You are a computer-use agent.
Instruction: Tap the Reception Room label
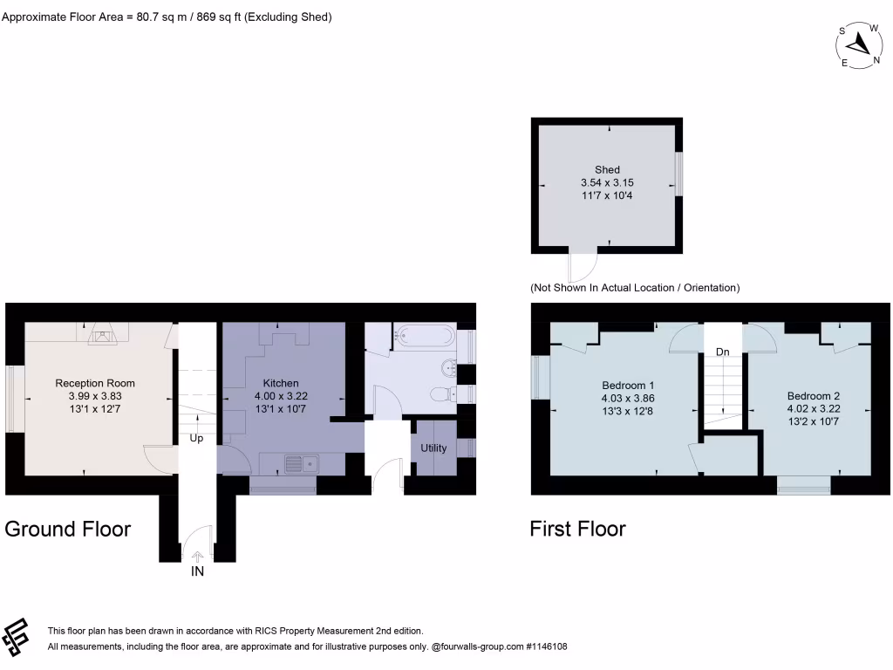(95, 383)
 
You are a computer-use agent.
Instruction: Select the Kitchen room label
(281, 383)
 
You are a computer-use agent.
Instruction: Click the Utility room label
(433, 448)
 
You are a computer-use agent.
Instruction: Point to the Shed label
(607, 169)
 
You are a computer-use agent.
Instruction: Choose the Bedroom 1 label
(628, 385)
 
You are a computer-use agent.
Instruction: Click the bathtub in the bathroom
(424, 334)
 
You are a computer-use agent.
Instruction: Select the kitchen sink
(301, 462)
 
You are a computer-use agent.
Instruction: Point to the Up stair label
(196, 439)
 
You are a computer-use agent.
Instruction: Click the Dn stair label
(722, 352)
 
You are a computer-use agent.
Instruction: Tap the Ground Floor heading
(68, 529)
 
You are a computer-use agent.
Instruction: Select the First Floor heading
(577, 529)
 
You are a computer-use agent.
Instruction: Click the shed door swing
(583, 263)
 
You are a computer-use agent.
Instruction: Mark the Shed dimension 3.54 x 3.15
(607, 182)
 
